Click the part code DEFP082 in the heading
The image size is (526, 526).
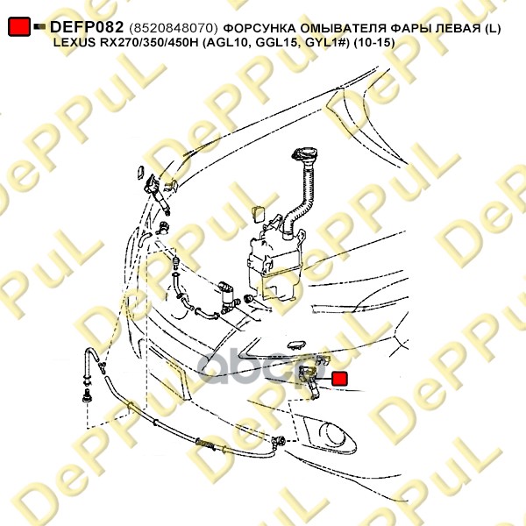click(87, 27)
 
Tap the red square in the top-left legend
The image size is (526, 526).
click(19, 26)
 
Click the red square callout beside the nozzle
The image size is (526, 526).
click(340, 379)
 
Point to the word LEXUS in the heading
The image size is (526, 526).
click(75, 43)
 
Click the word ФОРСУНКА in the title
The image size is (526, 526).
click(259, 29)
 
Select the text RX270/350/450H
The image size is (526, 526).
click(149, 43)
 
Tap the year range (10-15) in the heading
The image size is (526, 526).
click(373, 43)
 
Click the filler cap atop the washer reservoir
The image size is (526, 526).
click(304, 154)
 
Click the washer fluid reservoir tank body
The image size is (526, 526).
click(276, 264)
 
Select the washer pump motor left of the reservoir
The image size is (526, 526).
click(229, 297)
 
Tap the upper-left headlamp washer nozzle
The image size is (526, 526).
click(158, 194)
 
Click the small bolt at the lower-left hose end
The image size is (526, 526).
click(86, 396)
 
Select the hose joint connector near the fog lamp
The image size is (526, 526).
click(278, 441)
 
